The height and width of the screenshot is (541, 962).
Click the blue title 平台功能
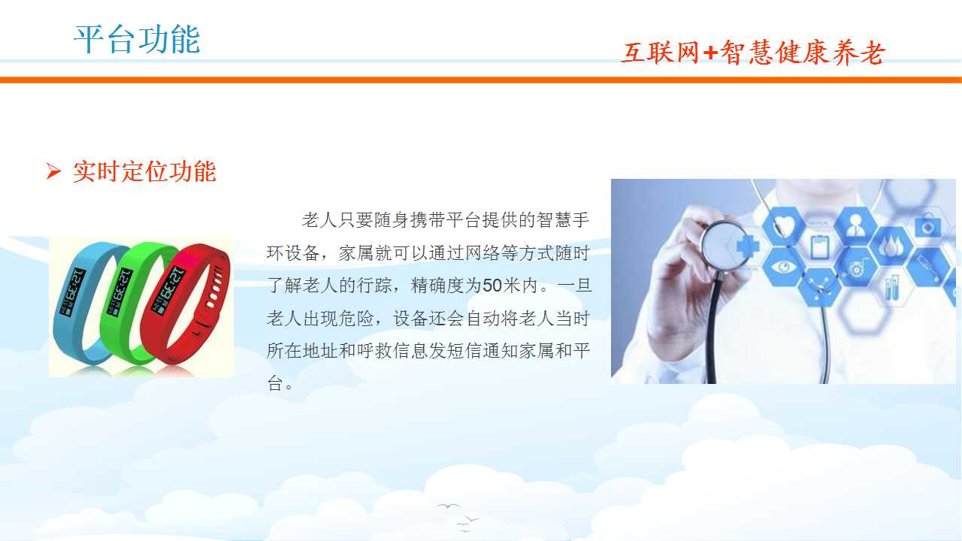(137, 39)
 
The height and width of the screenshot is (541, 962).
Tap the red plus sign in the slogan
(710, 53)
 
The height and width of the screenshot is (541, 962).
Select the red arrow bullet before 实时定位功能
(53, 171)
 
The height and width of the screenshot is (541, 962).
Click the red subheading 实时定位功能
(144, 171)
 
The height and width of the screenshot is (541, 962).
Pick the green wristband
(129, 301)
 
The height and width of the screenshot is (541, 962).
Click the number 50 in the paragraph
(492, 286)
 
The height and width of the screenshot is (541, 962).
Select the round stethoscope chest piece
(724, 246)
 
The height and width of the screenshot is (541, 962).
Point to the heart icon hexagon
(784, 226)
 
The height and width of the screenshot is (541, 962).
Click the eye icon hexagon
(783, 267)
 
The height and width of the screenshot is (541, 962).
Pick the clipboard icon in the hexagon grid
(819, 247)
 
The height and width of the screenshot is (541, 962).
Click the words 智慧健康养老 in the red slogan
(801, 53)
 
